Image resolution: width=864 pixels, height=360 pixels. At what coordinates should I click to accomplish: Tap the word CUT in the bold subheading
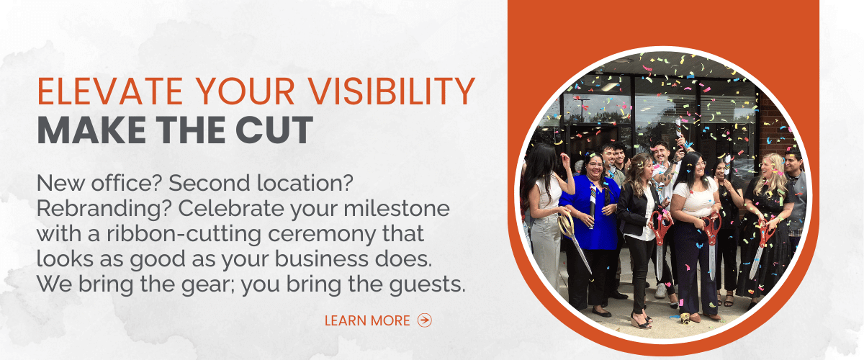pos(274,130)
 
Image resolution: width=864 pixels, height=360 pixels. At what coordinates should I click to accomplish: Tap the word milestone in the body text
pos(397,208)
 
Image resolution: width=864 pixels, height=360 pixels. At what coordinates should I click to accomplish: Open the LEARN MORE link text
pos(367,320)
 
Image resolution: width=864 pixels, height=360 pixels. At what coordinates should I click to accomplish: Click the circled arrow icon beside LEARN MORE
pos(425,320)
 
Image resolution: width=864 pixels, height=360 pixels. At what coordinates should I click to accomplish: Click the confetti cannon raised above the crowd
pos(678,130)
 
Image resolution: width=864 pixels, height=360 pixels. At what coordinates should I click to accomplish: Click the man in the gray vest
pos(796,201)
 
